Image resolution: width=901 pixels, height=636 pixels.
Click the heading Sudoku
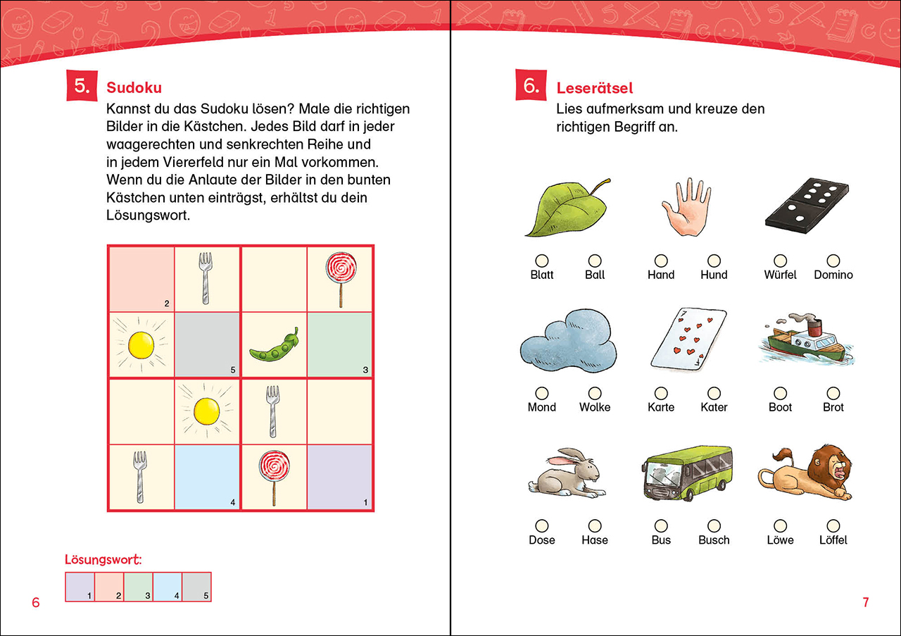[x=134, y=88]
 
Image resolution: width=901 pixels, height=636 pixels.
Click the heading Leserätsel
[x=595, y=88]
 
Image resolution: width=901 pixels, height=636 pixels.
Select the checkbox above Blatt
[x=542, y=261]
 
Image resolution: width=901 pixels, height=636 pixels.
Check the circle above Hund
[x=714, y=261]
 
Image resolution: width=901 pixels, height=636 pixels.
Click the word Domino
[x=833, y=275]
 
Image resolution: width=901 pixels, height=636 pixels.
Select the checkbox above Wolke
[x=595, y=393]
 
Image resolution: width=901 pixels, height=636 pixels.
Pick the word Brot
[x=833, y=407]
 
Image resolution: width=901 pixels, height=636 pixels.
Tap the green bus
[x=687, y=473]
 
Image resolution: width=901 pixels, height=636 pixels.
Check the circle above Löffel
[x=833, y=525]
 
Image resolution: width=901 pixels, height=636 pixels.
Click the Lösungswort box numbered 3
[x=139, y=586]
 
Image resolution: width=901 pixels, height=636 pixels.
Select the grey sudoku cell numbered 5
[x=207, y=344]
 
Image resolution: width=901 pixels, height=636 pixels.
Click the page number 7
[x=866, y=602]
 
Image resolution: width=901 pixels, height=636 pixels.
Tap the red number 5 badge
[x=82, y=87]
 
